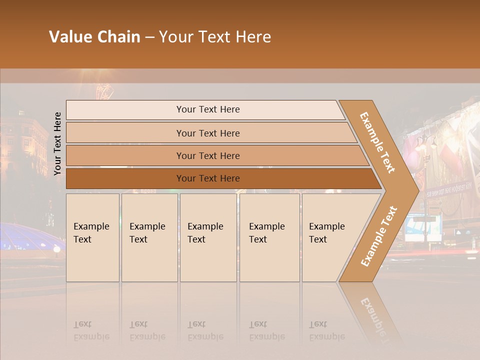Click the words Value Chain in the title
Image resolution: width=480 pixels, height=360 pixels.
tap(94, 37)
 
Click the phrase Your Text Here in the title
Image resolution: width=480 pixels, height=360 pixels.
tap(215, 37)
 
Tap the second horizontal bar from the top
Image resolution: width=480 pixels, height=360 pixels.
tap(207, 133)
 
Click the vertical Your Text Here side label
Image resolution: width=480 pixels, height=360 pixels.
tap(57, 143)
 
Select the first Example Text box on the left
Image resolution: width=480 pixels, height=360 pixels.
tap(92, 237)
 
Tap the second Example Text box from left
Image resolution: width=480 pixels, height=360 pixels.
tap(149, 237)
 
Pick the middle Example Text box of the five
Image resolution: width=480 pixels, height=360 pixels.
tap(208, 237)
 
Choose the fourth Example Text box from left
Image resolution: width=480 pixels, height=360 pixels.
tap(269, 237)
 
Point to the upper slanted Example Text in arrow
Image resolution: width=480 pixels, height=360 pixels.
tap(377, 142)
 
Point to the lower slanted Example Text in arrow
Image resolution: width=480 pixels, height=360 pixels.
tap(378, 236)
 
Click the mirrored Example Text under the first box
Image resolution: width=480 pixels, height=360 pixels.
tap(91, 330)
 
